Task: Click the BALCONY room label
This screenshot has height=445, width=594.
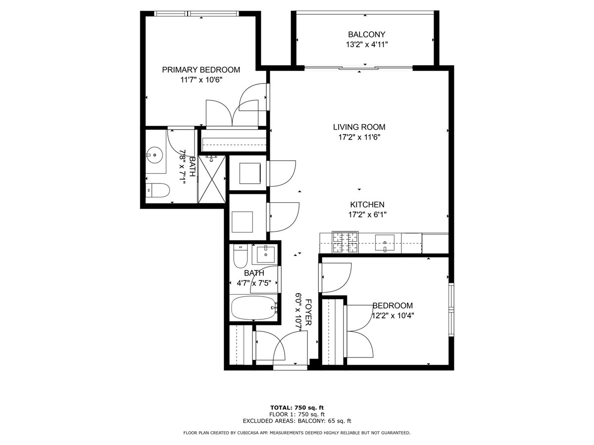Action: pyautogui.click(x=366, y=35)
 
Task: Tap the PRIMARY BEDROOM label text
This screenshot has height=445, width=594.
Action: pyautogui.click(x=201, y=70)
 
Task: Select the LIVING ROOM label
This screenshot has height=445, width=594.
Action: pyautogui.click(x=359, y=127)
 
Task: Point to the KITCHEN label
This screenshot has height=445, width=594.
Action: pyautogui.click(x=367, y=205)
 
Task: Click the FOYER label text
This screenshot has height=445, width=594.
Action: pyautogui.click(x=308, y=312)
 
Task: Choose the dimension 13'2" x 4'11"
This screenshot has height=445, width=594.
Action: pyautogui.click(x=367, y=44)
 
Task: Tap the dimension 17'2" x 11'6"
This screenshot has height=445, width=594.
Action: pyautogui.click(x=359, y=137)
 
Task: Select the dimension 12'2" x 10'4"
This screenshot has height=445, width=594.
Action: pyautogui.click(x=393, y=315)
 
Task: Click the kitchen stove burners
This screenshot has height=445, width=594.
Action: pyautogui.click(x=345, y=242)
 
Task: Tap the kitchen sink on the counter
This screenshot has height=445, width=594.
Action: pyautogui.click(x=385, y=243)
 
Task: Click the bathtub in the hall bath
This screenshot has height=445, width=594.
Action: pyautogui.click(x=254, y=308)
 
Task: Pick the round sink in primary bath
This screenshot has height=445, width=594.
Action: pyautogui.click(x=154, y=155)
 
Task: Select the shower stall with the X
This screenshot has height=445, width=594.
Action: pyautogui.click(x=212, y=179)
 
